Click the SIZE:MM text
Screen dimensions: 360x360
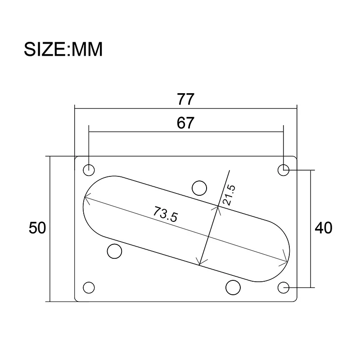(63, 49)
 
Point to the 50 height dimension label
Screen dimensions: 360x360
(37, 228)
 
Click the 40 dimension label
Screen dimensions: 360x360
(323, 228)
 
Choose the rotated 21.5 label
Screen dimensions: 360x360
(229, 195)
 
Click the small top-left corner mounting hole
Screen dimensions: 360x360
(89, 170)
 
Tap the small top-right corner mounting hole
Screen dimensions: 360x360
(283, 170)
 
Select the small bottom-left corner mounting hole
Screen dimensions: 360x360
(89, 287)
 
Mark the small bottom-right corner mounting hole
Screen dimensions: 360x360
(283, 287)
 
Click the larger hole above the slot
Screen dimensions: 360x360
(199, 187)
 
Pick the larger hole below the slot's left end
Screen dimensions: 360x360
(115, 252)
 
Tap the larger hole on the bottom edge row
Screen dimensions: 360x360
(233, 287)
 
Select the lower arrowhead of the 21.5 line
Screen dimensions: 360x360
(200, 264)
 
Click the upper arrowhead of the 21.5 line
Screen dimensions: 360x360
(218, 207)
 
